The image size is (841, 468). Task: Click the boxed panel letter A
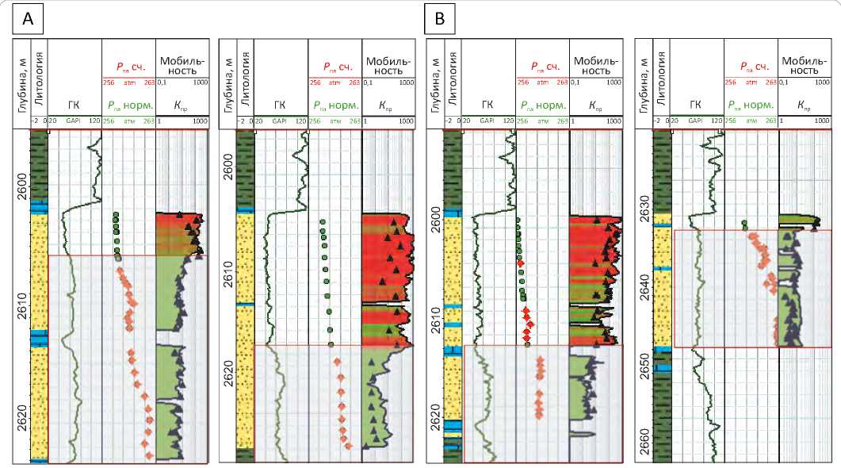28,20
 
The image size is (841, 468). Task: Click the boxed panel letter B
440,20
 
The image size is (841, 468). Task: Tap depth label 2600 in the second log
227,164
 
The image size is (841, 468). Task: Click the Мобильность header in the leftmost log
182,65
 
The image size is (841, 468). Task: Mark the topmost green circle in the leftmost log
116,214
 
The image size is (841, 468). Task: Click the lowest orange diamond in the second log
348,446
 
